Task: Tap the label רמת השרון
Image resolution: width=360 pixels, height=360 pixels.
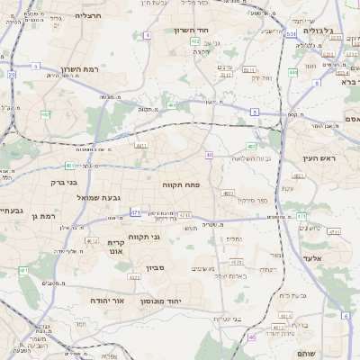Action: [78, 69]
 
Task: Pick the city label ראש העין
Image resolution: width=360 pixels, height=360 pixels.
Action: [315, 158]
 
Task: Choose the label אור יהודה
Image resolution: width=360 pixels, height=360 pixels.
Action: [105, 301]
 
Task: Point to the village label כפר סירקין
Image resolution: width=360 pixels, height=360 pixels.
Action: [256, 199]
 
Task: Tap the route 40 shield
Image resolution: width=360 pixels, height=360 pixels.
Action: [209, 155]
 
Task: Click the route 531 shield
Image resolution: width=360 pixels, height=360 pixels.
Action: [291, 34]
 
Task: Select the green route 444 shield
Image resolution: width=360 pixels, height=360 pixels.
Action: [293, 72]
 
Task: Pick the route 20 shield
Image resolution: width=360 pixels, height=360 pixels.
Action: [12, 76]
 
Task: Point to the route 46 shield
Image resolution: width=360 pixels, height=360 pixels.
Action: [252, 337]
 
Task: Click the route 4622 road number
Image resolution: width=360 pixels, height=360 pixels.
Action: [134, 277]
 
